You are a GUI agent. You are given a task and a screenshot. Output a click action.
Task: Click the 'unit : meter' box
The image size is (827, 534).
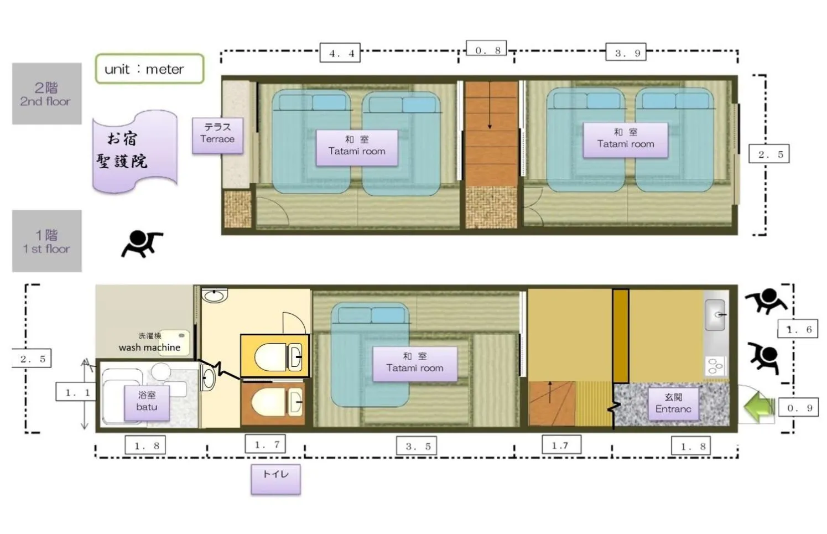pos(149,69)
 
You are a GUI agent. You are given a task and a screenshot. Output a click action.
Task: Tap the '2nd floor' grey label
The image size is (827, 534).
pos(46,94)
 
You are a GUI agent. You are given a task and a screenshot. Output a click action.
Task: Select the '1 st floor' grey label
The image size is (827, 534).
pos(46,241)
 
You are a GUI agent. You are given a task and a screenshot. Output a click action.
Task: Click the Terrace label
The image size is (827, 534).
pos(217,133)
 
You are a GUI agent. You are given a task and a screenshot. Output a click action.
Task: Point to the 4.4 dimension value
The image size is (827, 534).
pos(340,53)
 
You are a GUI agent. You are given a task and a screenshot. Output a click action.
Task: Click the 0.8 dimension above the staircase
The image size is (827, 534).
pos(487,50)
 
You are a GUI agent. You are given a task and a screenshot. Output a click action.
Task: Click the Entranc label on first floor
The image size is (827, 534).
pos(673,403)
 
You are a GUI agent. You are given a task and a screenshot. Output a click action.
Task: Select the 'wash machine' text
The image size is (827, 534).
pos(149,348)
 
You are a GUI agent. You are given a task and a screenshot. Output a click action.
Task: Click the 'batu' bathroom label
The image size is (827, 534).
pos(147,401)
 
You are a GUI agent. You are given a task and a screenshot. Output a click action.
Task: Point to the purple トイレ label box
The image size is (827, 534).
pos(275,479)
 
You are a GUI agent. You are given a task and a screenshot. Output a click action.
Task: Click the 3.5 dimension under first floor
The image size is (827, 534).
pos(417,446)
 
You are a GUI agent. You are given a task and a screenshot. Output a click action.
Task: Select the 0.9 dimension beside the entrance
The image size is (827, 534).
pos(799,408)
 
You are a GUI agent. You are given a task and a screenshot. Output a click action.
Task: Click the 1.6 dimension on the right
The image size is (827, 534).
pos(798,329)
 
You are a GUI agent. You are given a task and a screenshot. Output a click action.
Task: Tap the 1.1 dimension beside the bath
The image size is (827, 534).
pos(77,392)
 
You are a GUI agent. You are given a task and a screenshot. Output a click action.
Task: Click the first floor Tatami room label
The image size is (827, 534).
pos(415,363)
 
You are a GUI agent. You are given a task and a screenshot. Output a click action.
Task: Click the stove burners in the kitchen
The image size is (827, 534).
pos(715,365)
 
